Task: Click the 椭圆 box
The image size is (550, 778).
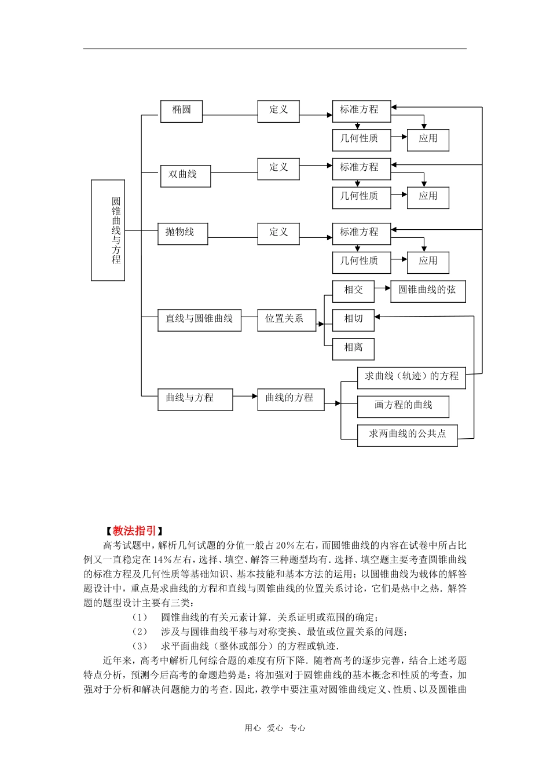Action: tap(181, 111)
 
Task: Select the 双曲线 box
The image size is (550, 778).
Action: tap(185, 175)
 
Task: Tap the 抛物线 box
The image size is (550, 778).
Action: tap(182, 233)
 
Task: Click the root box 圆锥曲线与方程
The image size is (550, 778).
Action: tap(108, 230)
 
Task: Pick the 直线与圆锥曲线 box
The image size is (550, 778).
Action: tap(199, 320)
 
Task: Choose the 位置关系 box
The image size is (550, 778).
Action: tap(287, 320)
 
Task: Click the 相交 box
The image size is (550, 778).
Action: tap(353, 291)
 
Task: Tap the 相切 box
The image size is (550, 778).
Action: tap(353, 320)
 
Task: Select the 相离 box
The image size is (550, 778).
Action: tap(353, 348)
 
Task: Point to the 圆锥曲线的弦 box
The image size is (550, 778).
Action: tap(428, 291)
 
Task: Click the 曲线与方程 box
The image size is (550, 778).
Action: tap(195, 399)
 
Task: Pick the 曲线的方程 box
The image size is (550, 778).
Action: tap(291, 399)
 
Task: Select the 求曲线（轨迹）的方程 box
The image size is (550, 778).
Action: tap(411, 377)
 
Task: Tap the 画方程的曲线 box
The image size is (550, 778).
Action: tap(403, 406)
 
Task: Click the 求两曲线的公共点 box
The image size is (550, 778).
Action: tap(407, 435)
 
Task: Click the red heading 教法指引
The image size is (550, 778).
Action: tap(134, 531)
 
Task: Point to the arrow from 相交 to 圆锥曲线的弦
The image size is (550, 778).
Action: tap(383, 288)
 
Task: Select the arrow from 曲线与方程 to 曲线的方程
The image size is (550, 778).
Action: tap(245, 397)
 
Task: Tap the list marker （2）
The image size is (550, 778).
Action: tap(140, 632)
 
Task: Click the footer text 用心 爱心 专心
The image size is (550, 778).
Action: tap(275, 728)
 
